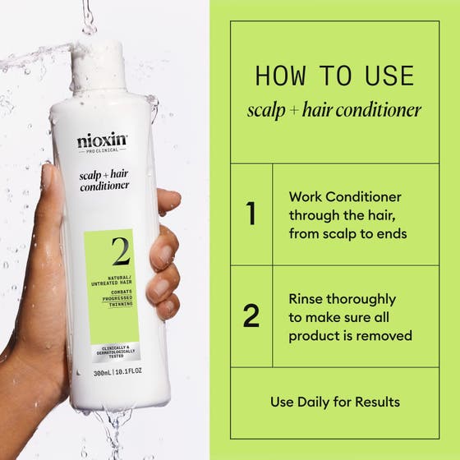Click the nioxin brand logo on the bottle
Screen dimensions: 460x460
click(103, 141)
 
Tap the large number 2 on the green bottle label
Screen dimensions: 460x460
click(121, 251)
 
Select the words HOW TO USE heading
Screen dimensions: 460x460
click(333, 76)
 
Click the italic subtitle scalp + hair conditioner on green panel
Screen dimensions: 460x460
click(333, 110)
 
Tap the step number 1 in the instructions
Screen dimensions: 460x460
click(251, 214)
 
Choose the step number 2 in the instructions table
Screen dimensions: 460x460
click(251, 315)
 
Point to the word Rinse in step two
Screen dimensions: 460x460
click(307, 299)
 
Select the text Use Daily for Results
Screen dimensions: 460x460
click(335, 402)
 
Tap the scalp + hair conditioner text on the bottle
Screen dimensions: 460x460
click(104, 179)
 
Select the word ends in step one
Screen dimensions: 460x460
click(393, 233)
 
